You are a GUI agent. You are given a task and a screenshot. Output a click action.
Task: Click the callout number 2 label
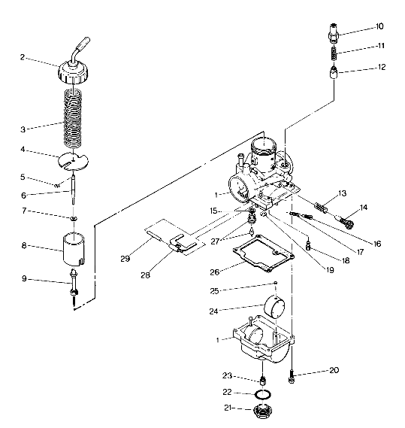23,56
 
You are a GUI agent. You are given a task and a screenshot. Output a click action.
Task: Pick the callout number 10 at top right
380,27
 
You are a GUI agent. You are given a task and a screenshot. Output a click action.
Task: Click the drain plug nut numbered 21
263,411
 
